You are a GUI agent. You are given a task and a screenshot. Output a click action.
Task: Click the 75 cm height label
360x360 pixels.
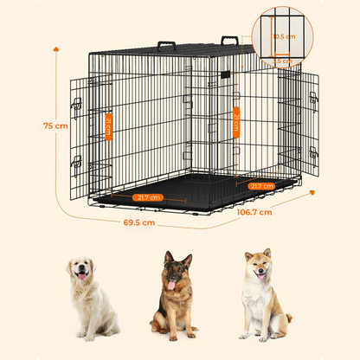[54, 125]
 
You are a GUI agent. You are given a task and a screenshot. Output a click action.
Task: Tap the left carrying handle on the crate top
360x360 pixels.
[166, 46]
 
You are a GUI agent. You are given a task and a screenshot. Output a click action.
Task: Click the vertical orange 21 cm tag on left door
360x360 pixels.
[109, 125]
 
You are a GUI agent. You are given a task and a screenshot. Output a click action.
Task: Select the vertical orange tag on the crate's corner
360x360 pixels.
[235, 120]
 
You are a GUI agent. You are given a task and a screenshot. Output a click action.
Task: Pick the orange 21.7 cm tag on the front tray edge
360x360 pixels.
[148, 197]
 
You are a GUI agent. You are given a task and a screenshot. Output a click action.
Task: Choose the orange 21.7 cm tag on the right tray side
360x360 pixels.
[262, 185]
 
